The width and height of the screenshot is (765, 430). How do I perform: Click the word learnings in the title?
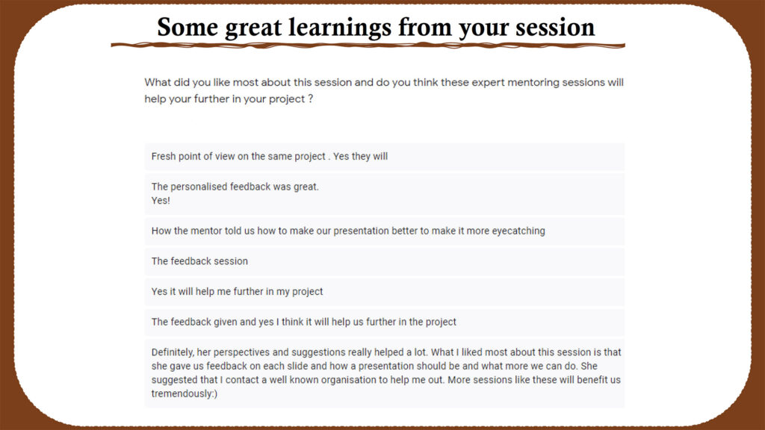pyautogui.click(x=340, y=28)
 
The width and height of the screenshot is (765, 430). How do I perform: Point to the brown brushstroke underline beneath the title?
pyautogui.click(x=368, y=46)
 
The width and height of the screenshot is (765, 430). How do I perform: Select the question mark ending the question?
pyautogui.click(x=310, y=99)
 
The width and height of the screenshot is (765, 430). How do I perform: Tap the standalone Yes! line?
pyautogui.click(x=161, y=200)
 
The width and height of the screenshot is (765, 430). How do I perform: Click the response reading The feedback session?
pyautogui.click(x=199, y=261)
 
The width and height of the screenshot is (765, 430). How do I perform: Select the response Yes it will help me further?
pyautogui.click(x=237, y=292)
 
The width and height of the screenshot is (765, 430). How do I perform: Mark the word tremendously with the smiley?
pyautogui.click(x=185, y=394)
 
